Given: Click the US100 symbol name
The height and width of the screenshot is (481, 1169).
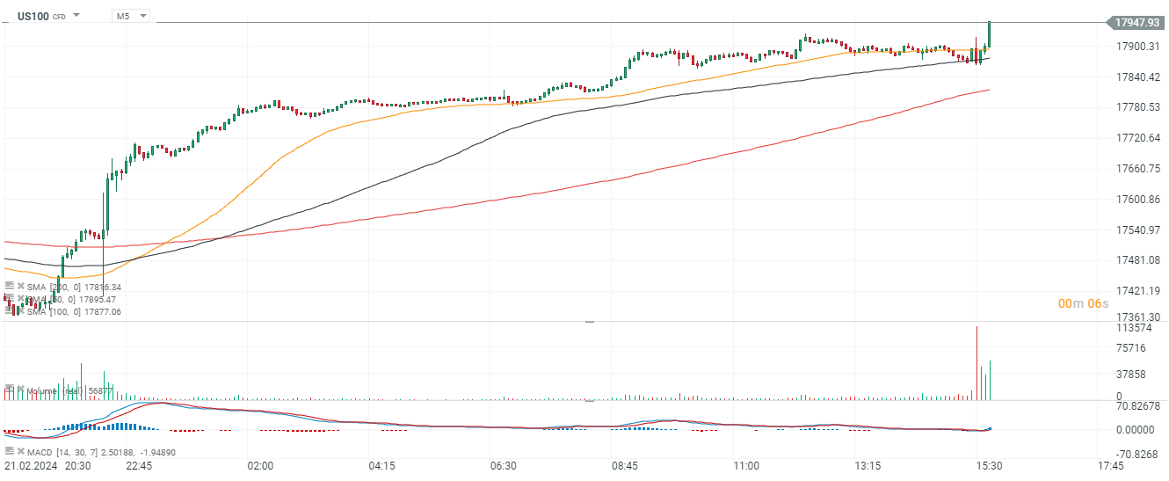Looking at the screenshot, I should pyautogui.click(x=33, y=16).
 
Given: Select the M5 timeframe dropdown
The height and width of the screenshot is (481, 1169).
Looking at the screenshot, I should pyautogui.click(x=131, y=16).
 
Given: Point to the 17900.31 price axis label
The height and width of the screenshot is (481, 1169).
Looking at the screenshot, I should pyautogui.click(x=1137, y=46).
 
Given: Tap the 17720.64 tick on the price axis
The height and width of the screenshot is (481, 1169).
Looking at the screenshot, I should pyautogui.click(x=1137, y=138).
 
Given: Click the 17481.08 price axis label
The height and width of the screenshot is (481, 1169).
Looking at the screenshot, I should pyautogui.click(x=1137, y=260).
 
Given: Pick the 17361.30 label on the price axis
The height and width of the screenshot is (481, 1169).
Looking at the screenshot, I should pyautogui.click(x=1137, y=317).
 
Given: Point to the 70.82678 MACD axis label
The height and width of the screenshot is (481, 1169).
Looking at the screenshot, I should pyautogui.click(x=1137, y=406).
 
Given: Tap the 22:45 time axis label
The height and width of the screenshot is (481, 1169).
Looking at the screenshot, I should pyautogui.click(x=139, y=465).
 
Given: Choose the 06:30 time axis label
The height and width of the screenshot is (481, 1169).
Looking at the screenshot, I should pyautogui.click(x=503, y=465).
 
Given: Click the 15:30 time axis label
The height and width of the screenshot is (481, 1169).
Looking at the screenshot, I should pyautogui.click(x=989, y=465).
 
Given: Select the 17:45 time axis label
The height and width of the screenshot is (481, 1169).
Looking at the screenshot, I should pyautogui.click(x=1110, y=465).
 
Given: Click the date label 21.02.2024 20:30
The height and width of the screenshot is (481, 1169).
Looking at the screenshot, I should pyautogui.click(x=47, y=465).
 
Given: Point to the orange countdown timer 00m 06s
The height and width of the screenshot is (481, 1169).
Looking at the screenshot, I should pyautogui.click(x=1083, y=303).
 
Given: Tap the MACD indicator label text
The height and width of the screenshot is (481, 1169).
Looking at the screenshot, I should pyautogui.click(x=40, y=452).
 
